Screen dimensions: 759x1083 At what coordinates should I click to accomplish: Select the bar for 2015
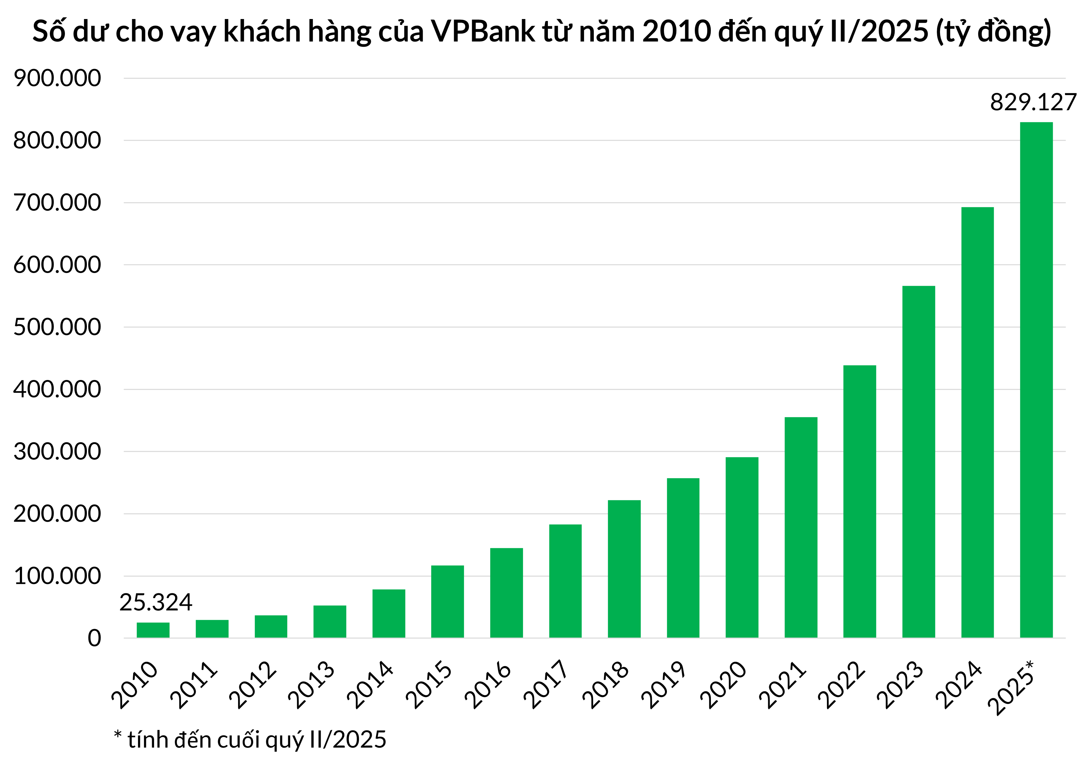tap(447, 601)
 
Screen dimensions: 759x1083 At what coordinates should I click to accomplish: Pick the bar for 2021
tap(801, 527)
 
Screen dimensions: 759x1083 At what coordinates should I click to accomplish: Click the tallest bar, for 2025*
tap(1036, 380)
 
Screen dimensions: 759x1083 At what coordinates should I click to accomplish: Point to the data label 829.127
tap(1033, 102)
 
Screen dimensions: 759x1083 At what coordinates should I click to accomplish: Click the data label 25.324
tap(156, 603)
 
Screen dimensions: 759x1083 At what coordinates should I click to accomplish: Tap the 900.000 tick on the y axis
tap(57, 78)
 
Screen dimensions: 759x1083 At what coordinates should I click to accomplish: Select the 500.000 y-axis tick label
tap(57, 327)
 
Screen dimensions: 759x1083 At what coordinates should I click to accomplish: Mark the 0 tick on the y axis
tap(94, 638)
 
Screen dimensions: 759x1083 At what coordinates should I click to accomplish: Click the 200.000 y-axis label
tap(57, 514)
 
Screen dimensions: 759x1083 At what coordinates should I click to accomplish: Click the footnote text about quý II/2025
tap(250, 740)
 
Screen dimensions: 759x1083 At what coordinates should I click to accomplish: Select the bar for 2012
tap(271, 626)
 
